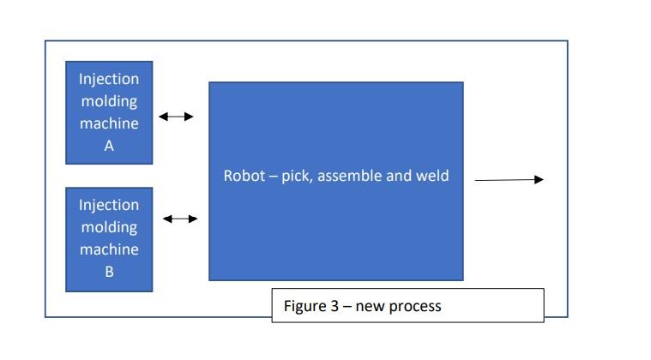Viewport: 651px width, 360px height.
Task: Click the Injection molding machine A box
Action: point(109,112)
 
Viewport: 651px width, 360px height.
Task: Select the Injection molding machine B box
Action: point(109,239)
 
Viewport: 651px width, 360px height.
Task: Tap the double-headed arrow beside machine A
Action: point(176,117)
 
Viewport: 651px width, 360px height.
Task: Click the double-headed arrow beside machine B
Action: point(180,219)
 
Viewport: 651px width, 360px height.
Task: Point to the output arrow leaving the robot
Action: point(509,179)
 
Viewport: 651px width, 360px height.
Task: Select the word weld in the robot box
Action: point(432,177)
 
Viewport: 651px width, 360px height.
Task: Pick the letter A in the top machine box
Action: point(109,146)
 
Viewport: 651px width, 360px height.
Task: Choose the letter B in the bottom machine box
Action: point(109,273)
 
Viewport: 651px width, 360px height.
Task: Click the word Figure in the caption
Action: point(304,306)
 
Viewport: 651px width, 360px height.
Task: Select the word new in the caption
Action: point(371,306)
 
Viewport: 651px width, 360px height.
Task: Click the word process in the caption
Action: point(415,306)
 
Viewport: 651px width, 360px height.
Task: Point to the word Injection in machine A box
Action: point(109,79)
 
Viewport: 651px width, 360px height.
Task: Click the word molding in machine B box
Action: point(109,227)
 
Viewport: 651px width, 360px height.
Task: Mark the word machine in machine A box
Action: point(109,123)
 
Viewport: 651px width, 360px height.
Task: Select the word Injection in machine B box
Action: point(109,205)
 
